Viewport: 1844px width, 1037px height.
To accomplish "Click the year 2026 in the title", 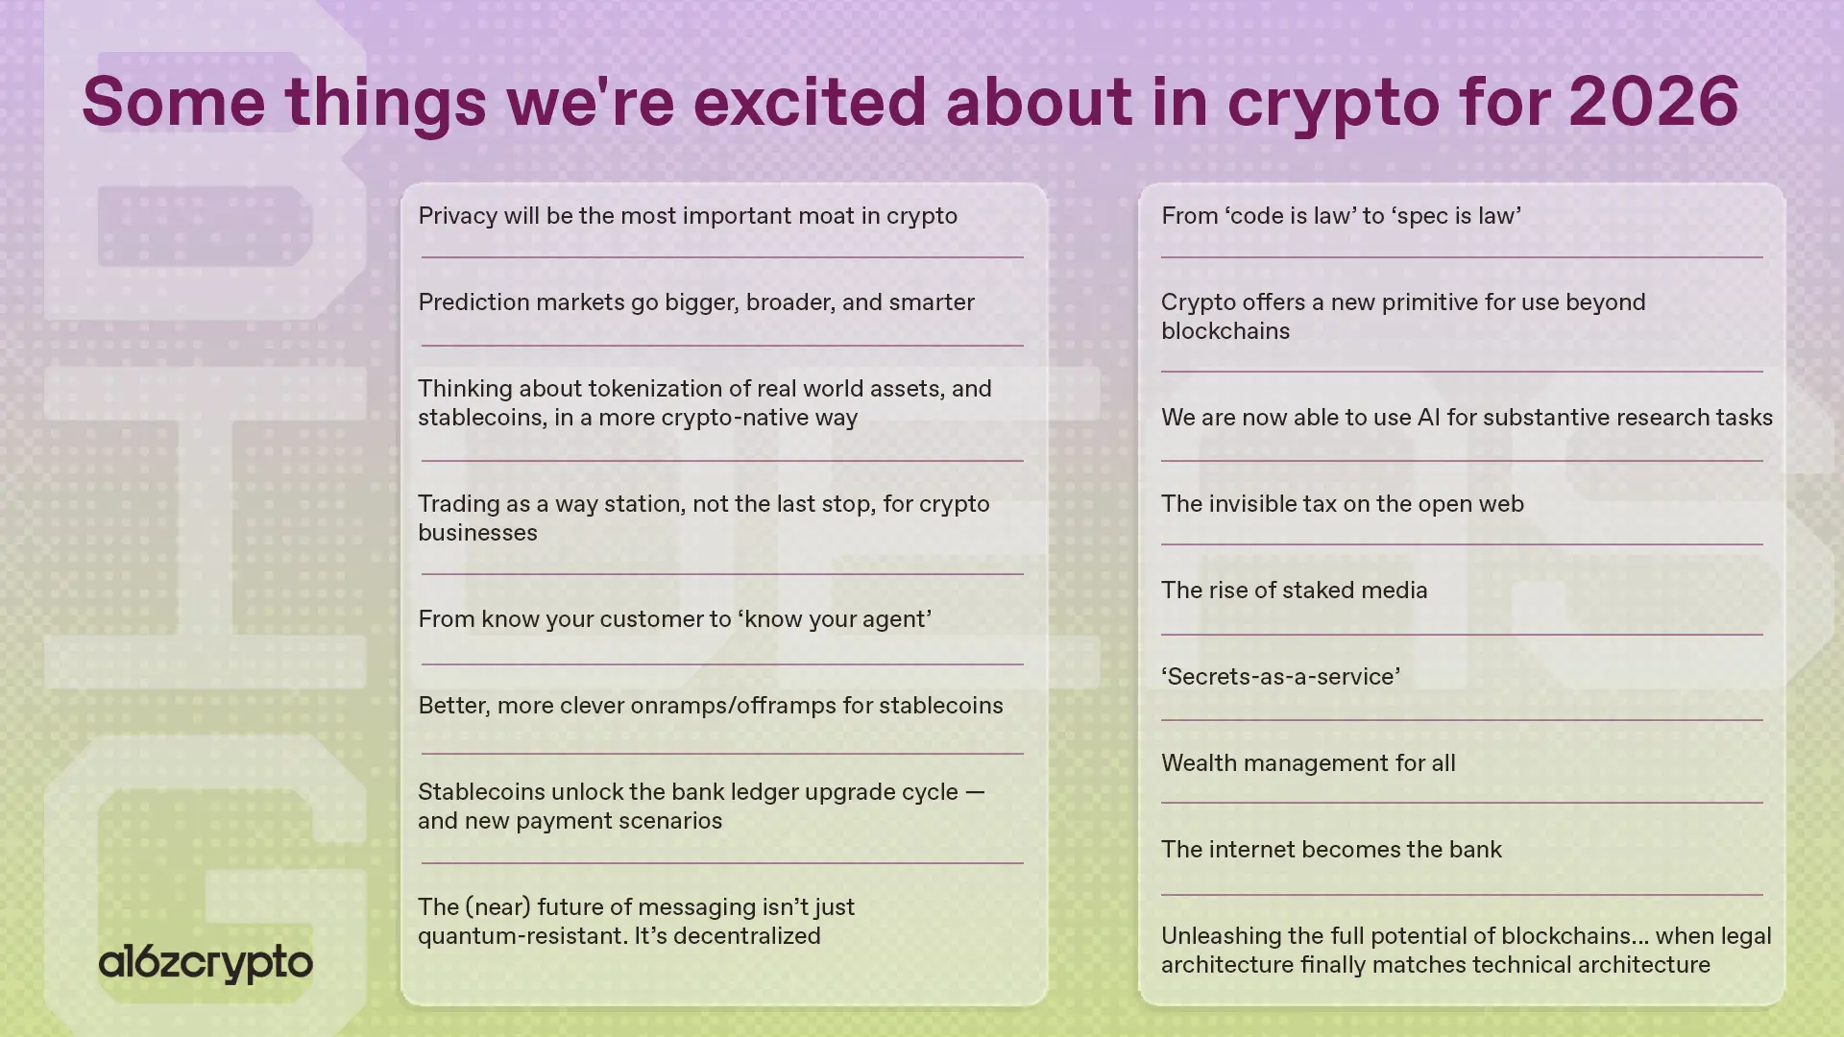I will [1653, 102].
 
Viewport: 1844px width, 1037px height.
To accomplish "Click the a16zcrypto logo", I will [206, 962].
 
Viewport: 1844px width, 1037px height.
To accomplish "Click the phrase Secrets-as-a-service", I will [1280, 677].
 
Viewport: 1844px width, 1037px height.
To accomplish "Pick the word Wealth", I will [1195, 763].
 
